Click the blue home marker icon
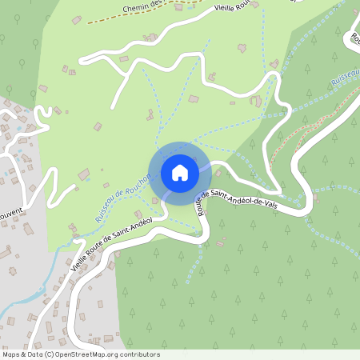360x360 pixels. tap(179, 172)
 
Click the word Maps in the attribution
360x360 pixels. tap(12, 354)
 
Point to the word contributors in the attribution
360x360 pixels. tap(139, 354)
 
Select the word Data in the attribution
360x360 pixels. tap(38, 354)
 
